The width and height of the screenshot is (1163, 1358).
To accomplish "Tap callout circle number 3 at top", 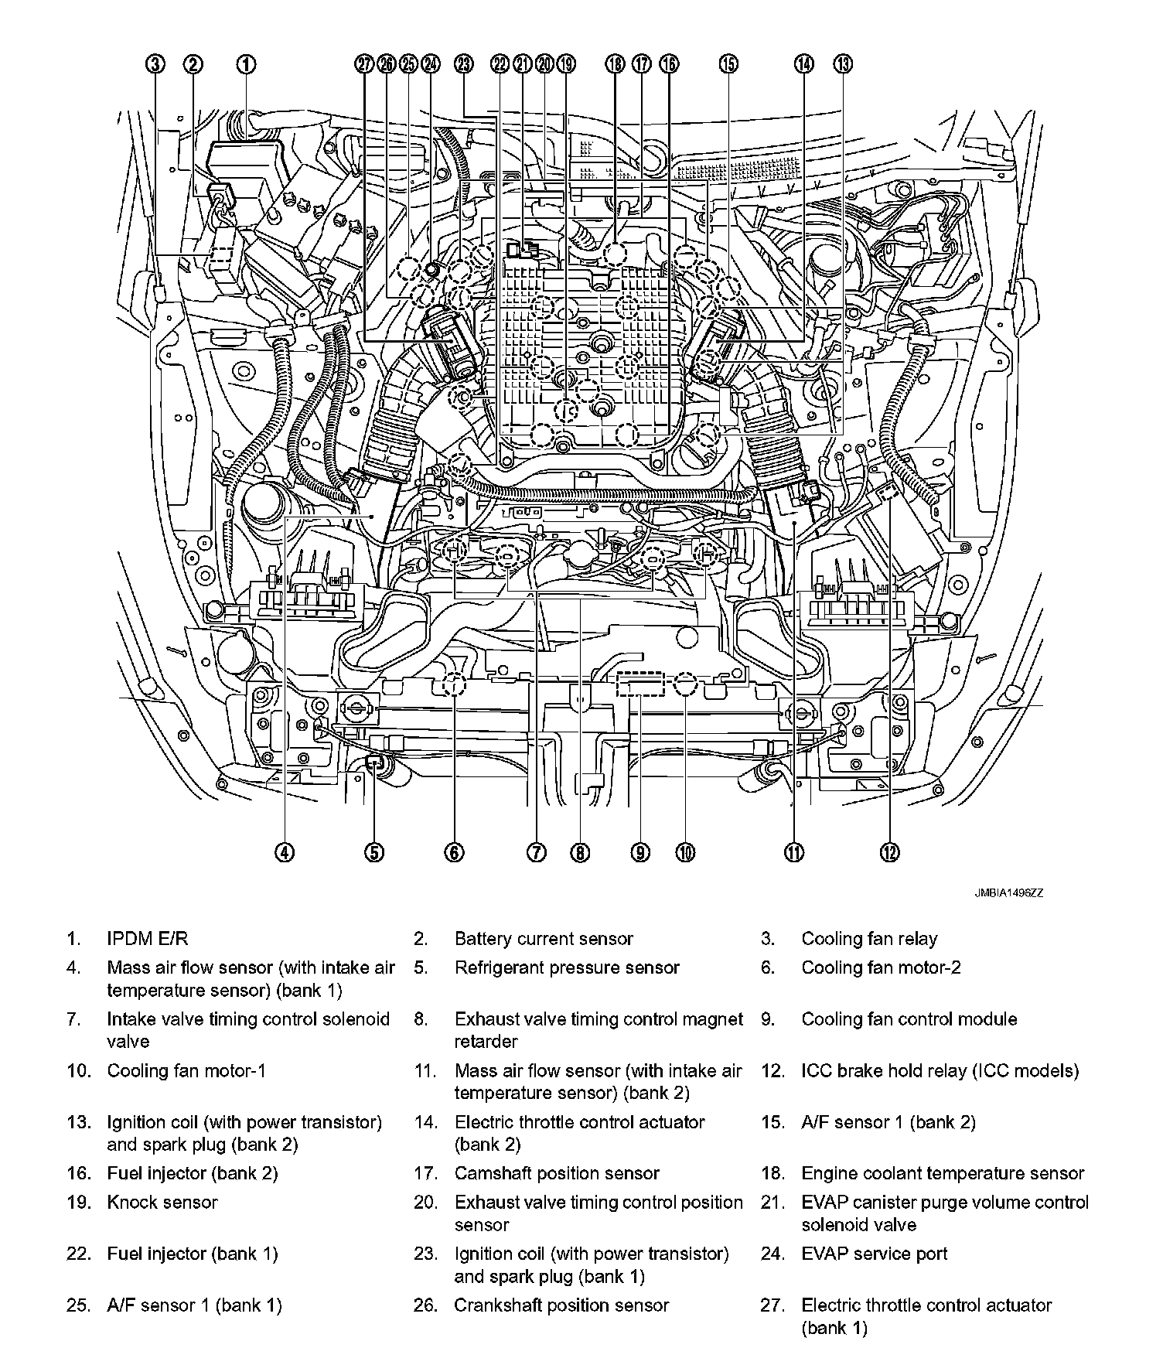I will (157, 64).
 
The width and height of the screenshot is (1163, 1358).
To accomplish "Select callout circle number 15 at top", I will (728, 64).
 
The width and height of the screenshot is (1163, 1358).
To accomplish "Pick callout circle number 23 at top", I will (463, 64).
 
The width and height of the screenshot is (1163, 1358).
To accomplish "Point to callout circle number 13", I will (843, 64).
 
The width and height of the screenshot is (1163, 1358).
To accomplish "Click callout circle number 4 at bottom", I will (285, 852).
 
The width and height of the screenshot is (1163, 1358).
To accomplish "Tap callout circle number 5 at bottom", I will (373, 852).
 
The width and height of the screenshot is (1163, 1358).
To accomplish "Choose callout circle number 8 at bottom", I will (580, 852).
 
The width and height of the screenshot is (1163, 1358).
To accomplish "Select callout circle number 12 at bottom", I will (889, 852).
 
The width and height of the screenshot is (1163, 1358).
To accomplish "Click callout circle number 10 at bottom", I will (685, 852).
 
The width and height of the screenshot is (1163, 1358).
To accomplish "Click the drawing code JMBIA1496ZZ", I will (1008, 892).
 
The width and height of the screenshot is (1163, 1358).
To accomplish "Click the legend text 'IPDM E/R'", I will (147, 939).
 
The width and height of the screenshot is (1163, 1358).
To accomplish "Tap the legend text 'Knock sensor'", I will (162, 1203).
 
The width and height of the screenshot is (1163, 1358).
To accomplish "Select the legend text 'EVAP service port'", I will (875, 1254).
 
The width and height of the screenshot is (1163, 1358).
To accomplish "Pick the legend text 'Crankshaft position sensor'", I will (561, 1305).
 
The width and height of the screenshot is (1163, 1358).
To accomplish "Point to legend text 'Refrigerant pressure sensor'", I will (567, 967).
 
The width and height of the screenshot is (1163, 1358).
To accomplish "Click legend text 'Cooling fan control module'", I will (909, 1019).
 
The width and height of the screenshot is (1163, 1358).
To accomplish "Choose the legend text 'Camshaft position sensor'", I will (557, 1173).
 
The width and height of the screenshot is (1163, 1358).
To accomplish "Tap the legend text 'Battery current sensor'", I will (544, 939).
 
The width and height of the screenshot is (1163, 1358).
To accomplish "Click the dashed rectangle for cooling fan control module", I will (640, 685).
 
